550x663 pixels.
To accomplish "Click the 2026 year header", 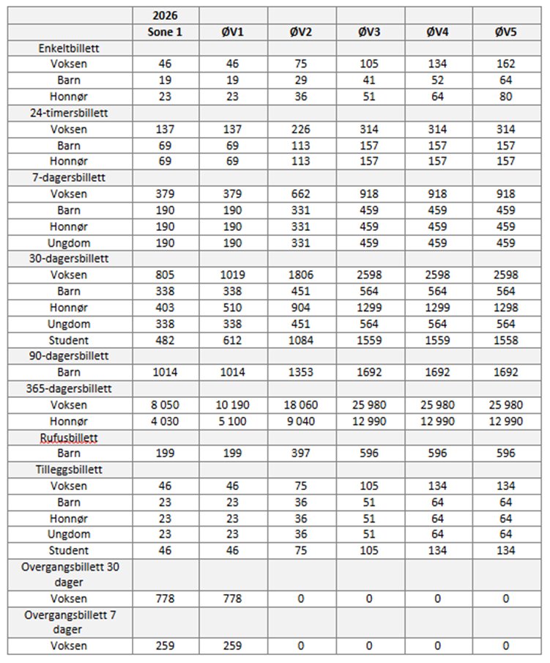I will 165,15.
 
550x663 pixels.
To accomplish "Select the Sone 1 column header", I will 165,32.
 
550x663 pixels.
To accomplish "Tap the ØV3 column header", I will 368,32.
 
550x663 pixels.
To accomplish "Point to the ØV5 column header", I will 505,32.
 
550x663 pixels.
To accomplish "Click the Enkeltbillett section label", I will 70,48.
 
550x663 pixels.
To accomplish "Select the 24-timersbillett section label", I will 70,113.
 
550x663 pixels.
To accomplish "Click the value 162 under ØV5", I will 505,64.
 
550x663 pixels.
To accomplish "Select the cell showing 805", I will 165,275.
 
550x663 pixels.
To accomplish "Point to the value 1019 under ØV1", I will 233,275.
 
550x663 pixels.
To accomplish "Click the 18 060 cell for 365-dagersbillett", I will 300,404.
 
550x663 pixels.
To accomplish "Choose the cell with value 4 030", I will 165,421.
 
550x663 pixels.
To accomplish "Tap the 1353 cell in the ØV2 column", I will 300,372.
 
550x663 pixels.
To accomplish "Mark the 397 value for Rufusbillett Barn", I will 300,453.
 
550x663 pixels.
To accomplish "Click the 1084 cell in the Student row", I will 300,340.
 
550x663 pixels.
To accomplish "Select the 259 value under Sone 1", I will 165,646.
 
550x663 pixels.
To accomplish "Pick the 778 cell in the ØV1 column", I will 233,599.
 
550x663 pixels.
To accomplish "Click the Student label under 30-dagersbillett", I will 70,340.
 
